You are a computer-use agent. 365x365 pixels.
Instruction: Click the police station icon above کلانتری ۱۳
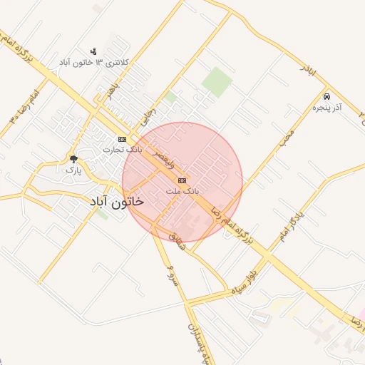tap(93, 51)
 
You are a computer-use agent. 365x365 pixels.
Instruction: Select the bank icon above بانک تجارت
tap(123, 139)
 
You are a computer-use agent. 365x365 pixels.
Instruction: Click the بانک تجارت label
tap(122, 150)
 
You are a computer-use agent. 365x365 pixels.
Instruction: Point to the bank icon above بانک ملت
tap(182, 180)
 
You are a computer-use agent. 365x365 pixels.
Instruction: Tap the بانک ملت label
tap(182, 192)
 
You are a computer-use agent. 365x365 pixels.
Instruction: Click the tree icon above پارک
tap(73, 160)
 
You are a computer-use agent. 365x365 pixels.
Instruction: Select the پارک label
tap(73, 170)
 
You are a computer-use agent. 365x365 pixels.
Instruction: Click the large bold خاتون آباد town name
tap(116, 202)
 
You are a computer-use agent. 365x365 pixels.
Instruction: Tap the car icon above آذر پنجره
tap(326, 96)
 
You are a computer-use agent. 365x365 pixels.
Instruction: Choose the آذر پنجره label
tap(328, 107)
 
